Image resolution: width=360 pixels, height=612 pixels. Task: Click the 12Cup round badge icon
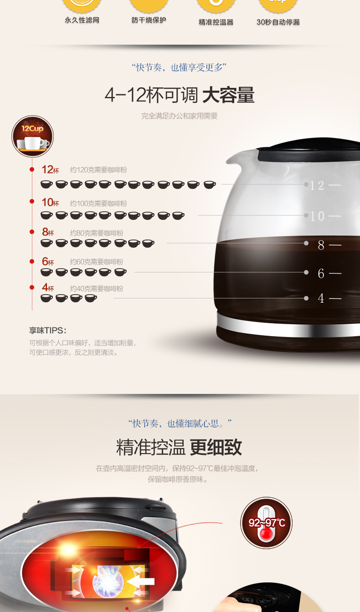point(32,136)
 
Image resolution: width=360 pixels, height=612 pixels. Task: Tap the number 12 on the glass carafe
point(317,186)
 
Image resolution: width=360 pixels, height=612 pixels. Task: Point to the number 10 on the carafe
point(317,216)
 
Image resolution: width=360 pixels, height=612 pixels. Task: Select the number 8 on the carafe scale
point(321,245)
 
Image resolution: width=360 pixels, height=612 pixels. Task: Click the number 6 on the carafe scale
point(321,273)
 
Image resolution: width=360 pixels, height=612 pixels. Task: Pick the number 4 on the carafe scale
point(321,298)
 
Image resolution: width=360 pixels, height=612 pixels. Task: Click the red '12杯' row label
point(50,169)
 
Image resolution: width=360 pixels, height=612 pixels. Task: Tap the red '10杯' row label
point(50,203)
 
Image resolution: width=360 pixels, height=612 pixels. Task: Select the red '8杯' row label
point(48,232)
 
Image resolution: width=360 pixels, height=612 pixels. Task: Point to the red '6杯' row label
point(48,261)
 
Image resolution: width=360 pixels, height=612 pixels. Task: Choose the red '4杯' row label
point(48,287)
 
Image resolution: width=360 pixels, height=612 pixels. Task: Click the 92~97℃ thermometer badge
point(267,522)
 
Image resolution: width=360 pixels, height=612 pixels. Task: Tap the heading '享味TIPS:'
point(48,330)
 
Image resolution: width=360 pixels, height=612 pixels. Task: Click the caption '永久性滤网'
point(82,20)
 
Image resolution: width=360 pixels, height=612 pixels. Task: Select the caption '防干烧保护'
point(149,20)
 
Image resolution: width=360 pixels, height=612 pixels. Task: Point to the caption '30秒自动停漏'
point(278,22)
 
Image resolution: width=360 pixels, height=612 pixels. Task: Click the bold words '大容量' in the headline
point(228,95)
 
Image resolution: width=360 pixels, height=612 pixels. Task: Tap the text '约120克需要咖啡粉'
point(98,170)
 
